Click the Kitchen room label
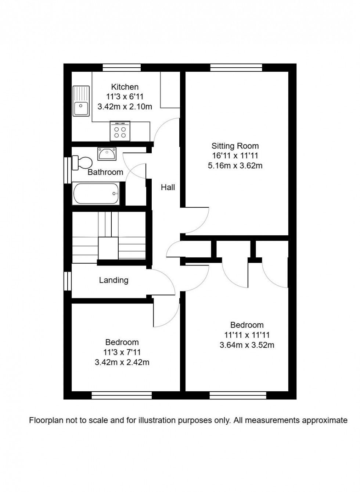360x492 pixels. [125, 87]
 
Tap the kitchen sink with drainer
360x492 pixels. [81, 101]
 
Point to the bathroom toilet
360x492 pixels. [82, 163]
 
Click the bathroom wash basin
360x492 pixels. [107, 154]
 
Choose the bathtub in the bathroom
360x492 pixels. [96, 193]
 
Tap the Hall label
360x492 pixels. [168, 188]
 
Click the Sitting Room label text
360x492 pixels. [235, 146]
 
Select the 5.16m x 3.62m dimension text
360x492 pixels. [235, 166]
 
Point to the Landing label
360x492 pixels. [114, 280]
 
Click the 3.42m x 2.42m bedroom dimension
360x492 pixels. [122, 362]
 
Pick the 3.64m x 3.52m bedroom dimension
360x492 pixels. [246, 345]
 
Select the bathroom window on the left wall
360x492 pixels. [67, 170]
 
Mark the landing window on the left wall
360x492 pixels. [67, 281]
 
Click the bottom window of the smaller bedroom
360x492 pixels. [122, 395]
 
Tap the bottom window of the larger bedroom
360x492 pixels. [238, 395]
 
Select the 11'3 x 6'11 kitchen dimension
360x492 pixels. [125, 97]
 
